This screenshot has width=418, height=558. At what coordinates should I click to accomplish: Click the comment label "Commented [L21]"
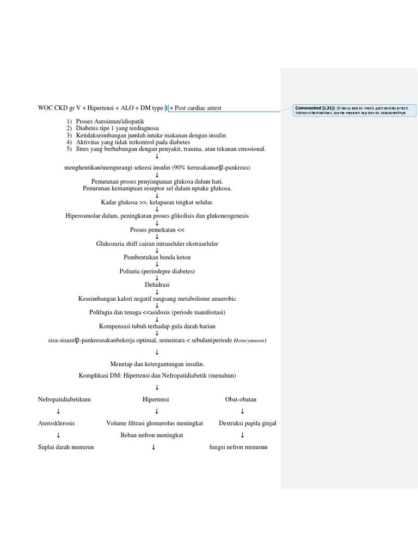point(315,108)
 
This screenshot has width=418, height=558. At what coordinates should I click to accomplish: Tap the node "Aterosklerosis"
point(56,423)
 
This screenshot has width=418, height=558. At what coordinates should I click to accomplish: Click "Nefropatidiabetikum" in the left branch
point(64,399)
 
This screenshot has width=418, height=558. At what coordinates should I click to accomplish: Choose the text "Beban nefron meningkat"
point(152,435)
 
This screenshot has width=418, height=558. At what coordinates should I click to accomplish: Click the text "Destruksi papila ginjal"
point(247,423)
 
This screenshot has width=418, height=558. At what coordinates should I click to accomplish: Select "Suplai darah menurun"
point(66,447)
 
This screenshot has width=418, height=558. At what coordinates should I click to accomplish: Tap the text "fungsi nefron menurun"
point(238,447)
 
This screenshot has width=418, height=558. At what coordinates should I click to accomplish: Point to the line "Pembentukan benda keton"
point(157,257)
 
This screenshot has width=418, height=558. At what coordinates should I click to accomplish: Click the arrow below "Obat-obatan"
point(242,411)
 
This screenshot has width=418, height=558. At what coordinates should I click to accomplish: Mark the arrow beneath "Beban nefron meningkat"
point(154,447)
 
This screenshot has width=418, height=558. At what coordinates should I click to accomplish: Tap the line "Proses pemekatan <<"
point(157,229)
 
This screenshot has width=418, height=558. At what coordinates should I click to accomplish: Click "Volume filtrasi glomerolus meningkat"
point(155,423)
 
